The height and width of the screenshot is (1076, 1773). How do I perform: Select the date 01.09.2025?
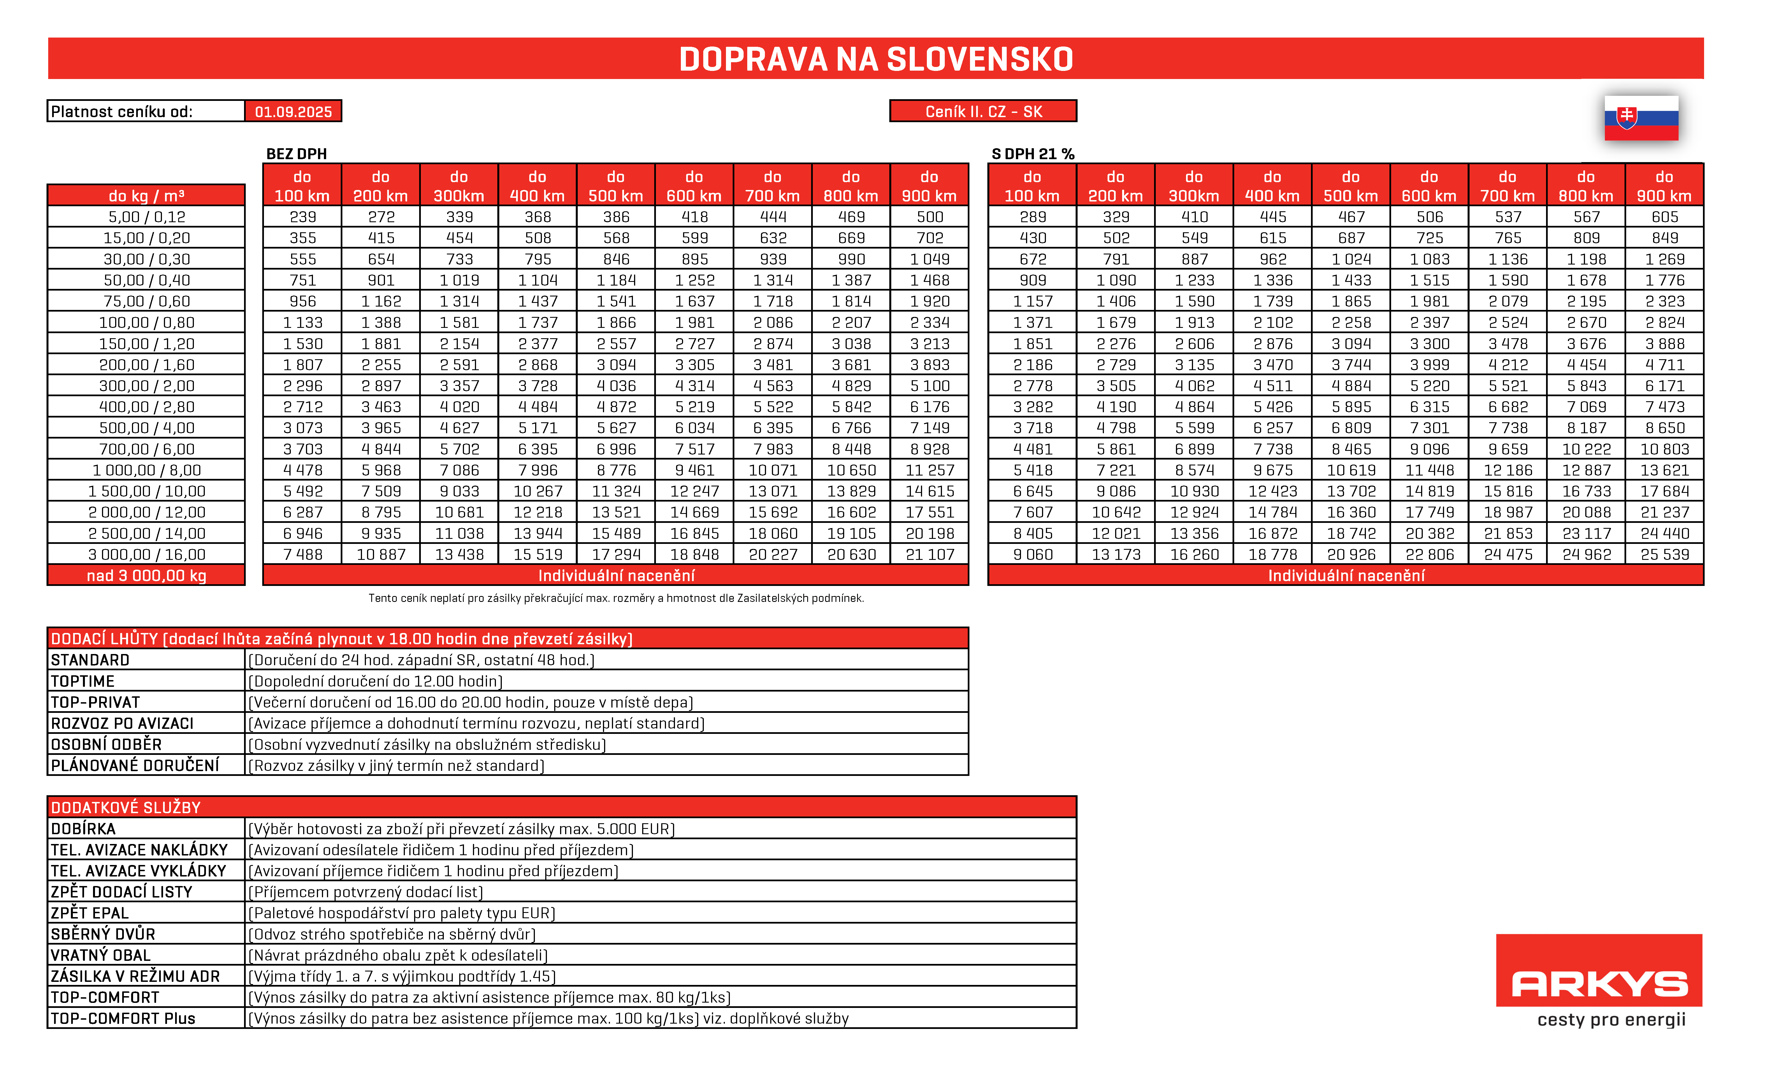293,112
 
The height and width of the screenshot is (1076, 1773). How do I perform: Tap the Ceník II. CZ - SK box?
983,112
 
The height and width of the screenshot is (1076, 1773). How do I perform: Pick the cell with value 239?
302,217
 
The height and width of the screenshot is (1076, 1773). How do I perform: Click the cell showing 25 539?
1664,554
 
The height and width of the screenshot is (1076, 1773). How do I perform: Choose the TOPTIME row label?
83,681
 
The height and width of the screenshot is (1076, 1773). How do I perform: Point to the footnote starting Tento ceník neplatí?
616,598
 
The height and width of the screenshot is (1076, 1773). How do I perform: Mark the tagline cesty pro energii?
1611,1020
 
